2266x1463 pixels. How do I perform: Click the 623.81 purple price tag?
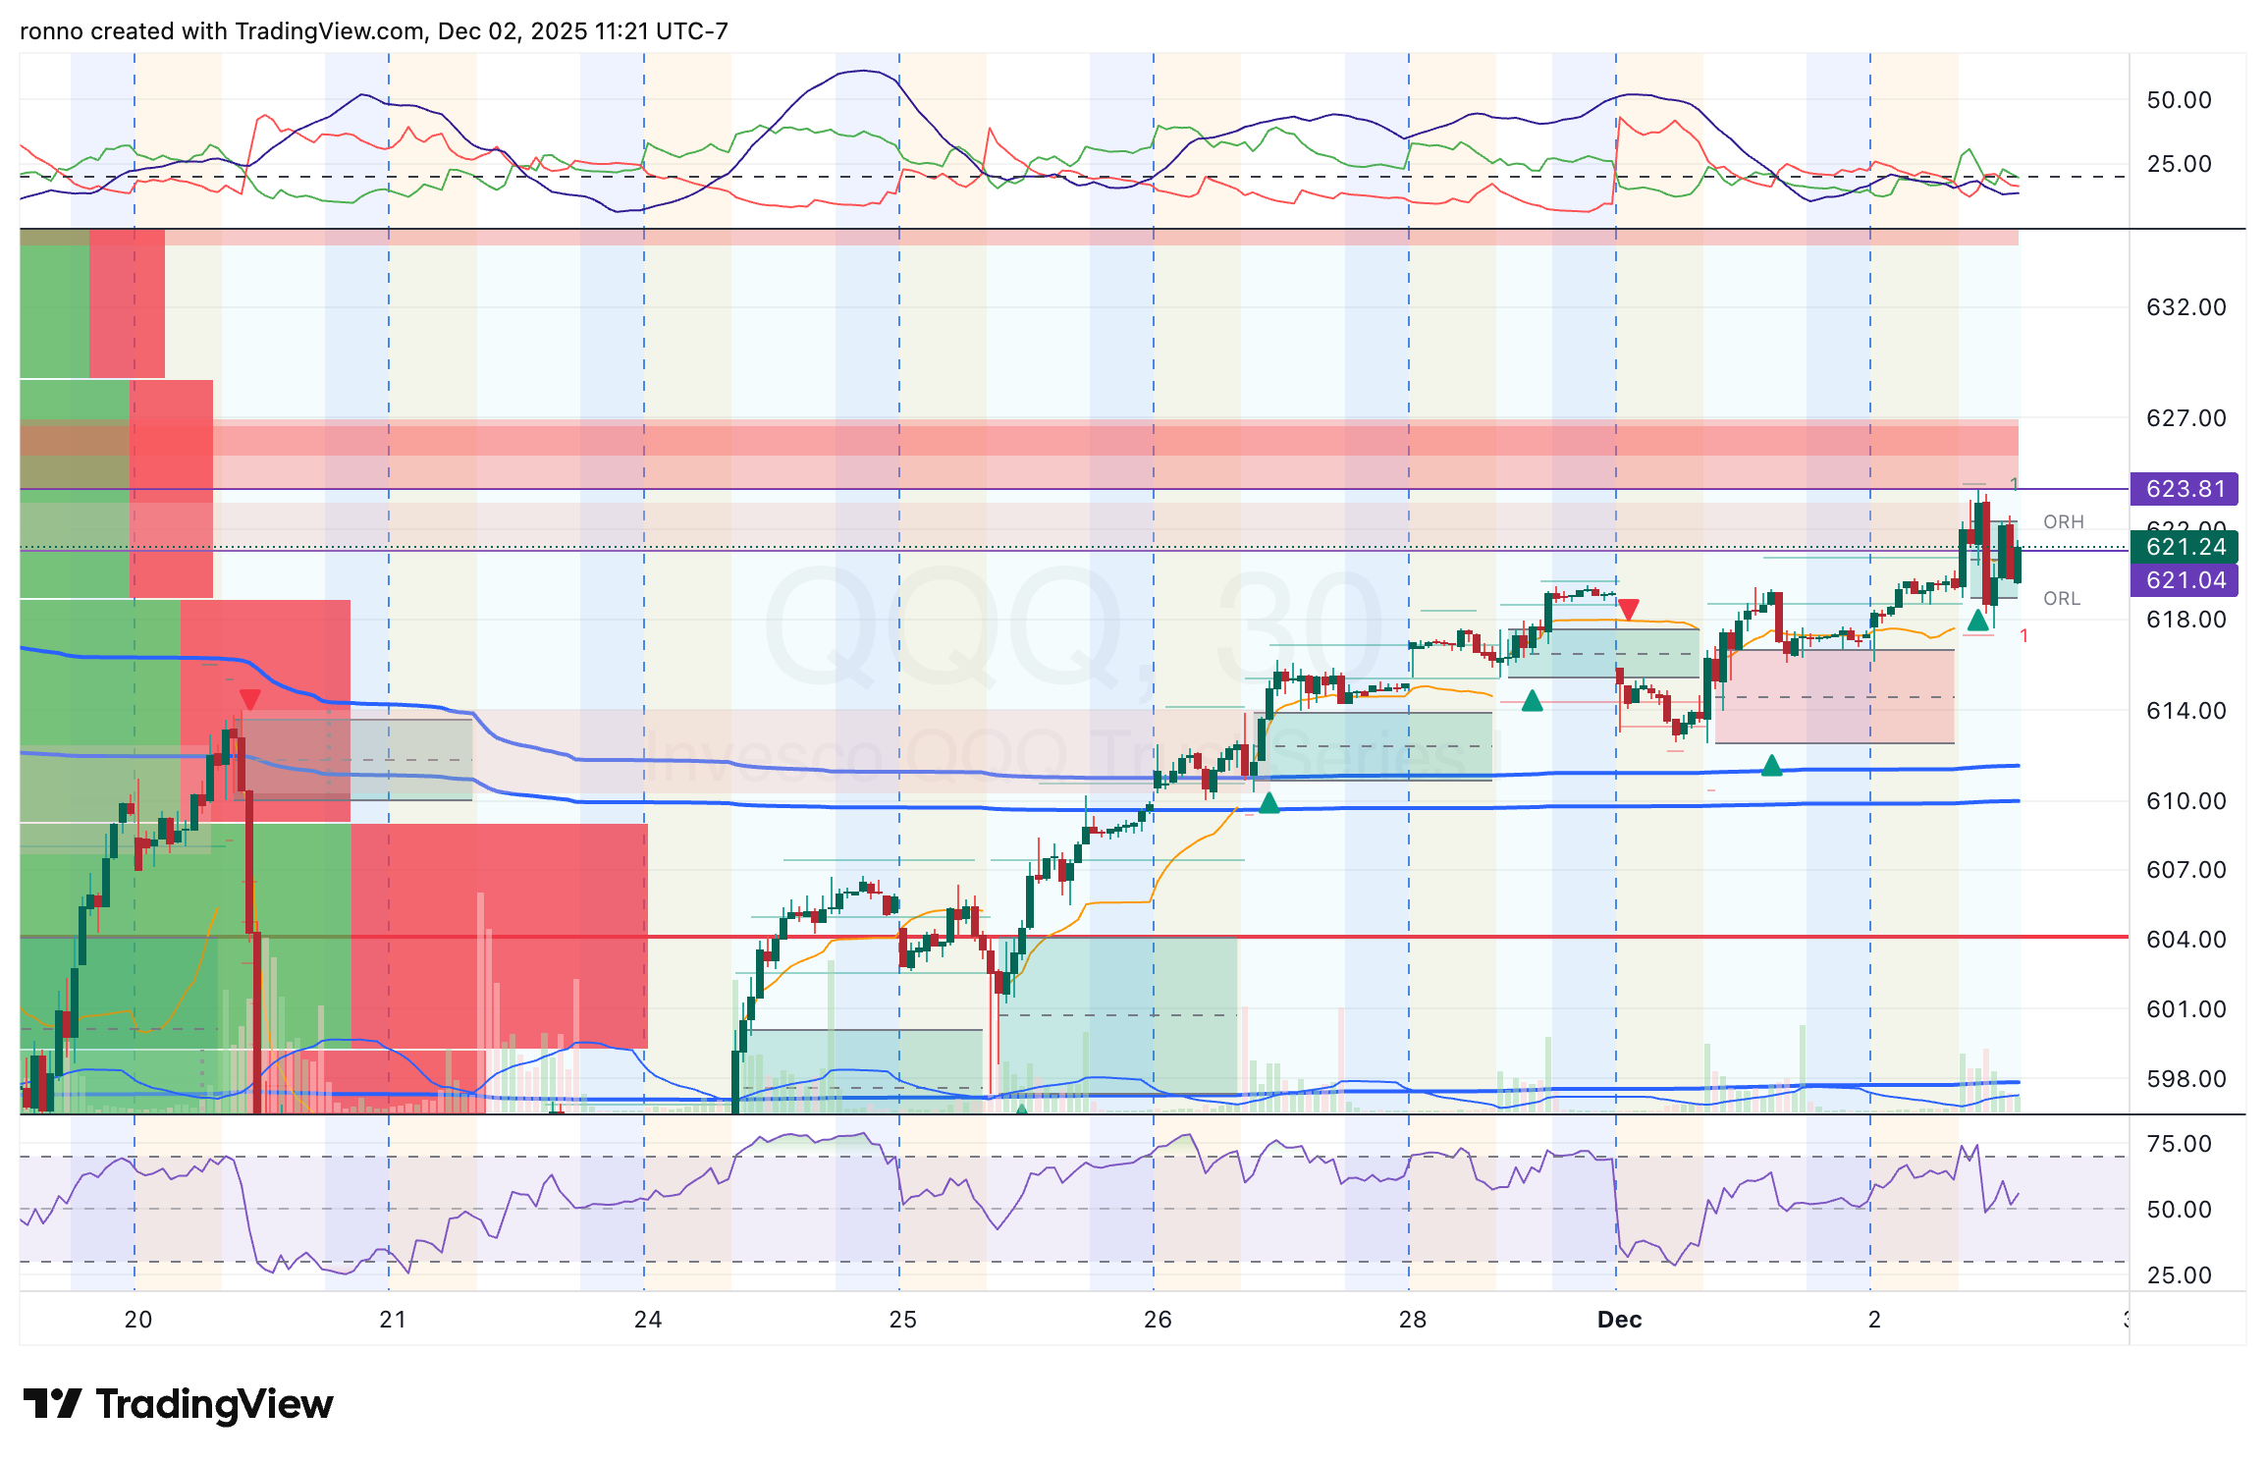[x=2185, y=489]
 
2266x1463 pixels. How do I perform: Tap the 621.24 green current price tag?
[x=2185, y=547]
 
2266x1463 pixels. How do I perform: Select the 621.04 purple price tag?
[x=2185, y=580]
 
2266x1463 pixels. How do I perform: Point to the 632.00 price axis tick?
[x=2185, y=307]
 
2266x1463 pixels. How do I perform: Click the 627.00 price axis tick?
[x=2185, y=418]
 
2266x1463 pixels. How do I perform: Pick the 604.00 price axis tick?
[x=2185, y=940]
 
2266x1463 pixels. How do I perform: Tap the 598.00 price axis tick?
[x=2185, y=1079]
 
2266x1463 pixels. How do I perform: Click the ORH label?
[x=2063, y=522]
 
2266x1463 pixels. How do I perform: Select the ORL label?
[x=2061, y=599]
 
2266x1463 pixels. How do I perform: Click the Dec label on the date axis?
[x=1619, y=1320]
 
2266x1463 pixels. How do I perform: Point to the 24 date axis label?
[x=647, y=1320]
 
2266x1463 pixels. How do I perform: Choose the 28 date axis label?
[x=1412, y=1320]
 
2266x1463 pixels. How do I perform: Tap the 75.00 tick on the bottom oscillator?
[x=2179, y=1144]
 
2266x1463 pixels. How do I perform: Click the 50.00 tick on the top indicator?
[x=2179, y=100]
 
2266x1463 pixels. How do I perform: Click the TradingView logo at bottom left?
[x=178, y=1404]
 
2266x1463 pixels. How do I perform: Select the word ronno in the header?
[x=51, y=31]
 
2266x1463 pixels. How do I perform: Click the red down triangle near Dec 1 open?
[x=1628, y=611]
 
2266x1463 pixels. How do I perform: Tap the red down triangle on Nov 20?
[x=249, y=699]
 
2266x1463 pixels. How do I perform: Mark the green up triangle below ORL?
[x=1977, y=621]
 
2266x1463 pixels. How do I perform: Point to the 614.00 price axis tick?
[x=2185, y=711]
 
